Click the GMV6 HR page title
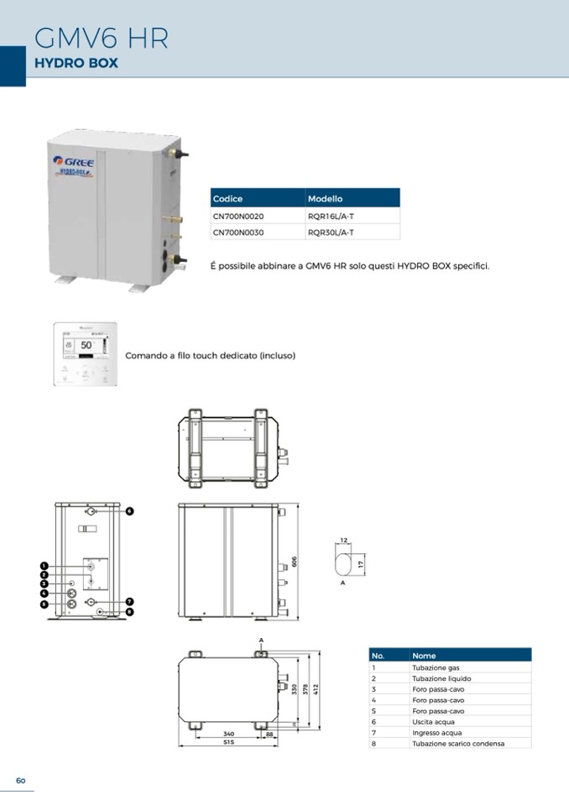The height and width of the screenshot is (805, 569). (x=101, y=38)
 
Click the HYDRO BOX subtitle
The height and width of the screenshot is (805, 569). (x=76, y=63)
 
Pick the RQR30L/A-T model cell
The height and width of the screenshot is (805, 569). (x=331, y=232)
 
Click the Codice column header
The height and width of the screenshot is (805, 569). (x=228, y=199)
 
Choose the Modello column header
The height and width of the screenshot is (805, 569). (x=326, y=199)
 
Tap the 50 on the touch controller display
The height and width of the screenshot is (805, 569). (x=86, y=345)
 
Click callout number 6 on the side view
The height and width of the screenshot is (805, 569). (x=130, y=510)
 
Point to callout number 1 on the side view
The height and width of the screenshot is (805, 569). (x=44, y=567)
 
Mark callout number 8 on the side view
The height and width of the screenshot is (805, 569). (x=130, y=612)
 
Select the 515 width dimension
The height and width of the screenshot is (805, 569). (x=228, y=742)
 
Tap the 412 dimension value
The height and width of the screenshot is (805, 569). (x=316, y=688)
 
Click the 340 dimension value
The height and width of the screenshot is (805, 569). (x=228, y=734)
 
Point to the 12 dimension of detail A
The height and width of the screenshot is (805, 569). (x=344, y=541)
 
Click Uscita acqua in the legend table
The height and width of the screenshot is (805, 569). (x=428, y=722)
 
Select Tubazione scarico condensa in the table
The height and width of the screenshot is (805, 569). (x=458, y=744)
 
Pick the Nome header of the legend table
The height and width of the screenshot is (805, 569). (x=425, y=656)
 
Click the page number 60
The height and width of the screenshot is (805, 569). (x=21, y=781)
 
